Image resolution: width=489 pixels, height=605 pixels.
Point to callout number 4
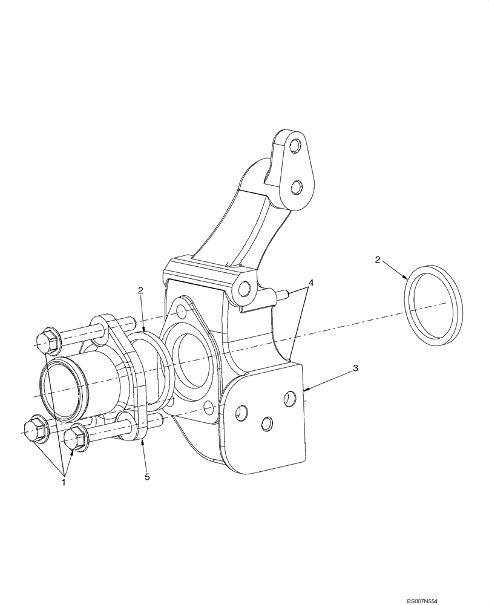pyautogui.click(x=310, y=282)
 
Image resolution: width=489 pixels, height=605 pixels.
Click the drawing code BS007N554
pyautogui.click(x=461, y=597)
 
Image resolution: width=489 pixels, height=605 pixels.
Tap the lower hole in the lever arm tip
pyautogui.click(x=296, y=187)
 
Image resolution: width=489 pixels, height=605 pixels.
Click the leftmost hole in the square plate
pyautogui.click(x=241, y=413)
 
